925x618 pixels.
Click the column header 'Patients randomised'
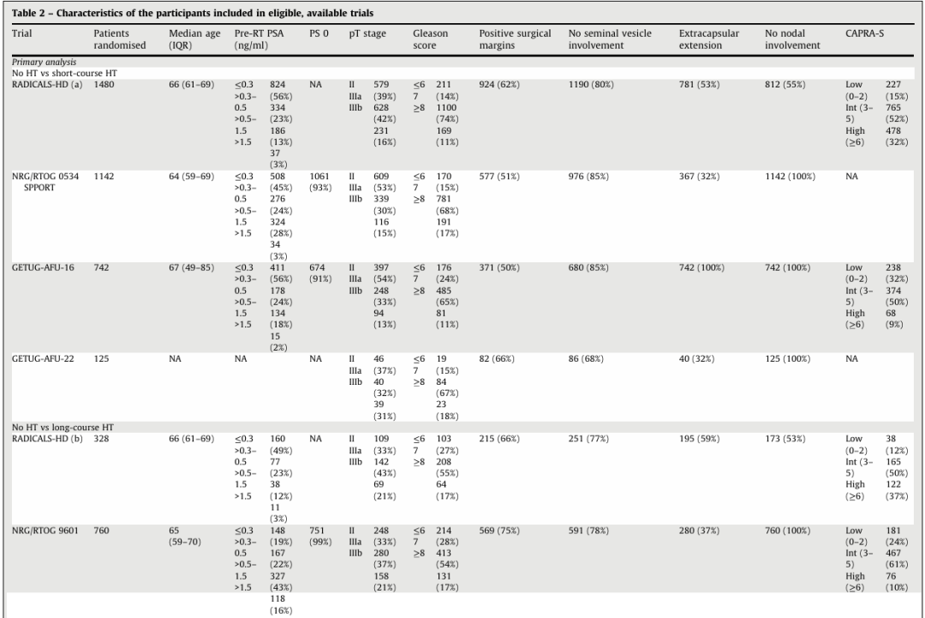[119, 39]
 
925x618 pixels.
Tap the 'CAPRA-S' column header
[864, 33]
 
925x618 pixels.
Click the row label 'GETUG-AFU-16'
[40, 267]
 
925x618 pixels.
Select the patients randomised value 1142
[104, 176]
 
